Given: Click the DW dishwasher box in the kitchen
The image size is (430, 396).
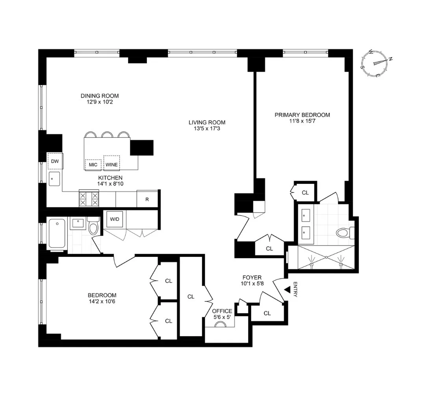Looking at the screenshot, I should (x=55, y=161).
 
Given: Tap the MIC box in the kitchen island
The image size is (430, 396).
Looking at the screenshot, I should (x=93, y=165).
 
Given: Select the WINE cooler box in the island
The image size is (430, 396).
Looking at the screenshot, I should (x=111, y=162).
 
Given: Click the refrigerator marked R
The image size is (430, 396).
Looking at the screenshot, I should (x=147, y=199).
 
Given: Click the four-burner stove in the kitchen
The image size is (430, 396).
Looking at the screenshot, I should (x=89, y=199).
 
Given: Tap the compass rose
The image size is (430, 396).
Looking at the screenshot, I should (x=376, y=63).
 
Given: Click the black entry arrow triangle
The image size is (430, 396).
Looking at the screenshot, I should (x=287, y=290).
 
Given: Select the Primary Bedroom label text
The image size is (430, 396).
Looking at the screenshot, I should (x=302, y=115).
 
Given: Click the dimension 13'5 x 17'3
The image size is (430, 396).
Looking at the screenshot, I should (x=207, y=128).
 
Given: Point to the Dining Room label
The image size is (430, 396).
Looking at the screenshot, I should (x=100, y=96).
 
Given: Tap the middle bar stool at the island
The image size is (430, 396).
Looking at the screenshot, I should (x=107, y=135).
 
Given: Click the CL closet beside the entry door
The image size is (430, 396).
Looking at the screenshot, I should (x=267, y=313).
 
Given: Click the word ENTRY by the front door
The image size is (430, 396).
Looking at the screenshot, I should (x=296, y=290).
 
